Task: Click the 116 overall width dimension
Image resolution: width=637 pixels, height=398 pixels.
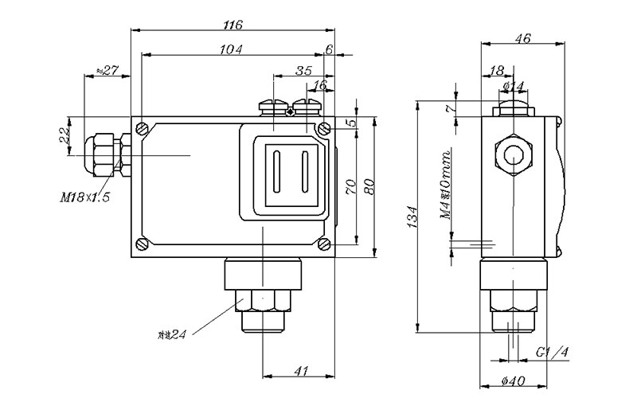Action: [x=233, y=25]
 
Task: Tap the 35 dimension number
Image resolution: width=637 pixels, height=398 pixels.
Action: [x=303, y=71]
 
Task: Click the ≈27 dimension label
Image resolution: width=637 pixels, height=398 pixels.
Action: [x=107, y=71]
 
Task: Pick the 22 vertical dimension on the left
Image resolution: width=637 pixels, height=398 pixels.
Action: [x=64, y=136]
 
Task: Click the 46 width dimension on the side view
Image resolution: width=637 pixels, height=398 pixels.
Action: [x=522, y=37]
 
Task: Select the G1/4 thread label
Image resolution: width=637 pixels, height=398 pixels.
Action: [x=551, y=351]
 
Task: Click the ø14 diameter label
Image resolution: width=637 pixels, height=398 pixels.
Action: [x=514, y=85]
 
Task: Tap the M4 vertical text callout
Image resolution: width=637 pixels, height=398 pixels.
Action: [x=446, y=185]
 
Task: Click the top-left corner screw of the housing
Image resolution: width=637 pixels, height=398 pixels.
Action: [x=142, y=128]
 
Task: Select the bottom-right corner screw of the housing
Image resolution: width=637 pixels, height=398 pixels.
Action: [x=323, y=243]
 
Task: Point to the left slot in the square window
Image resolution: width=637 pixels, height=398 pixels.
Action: [x=276, y=174]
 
